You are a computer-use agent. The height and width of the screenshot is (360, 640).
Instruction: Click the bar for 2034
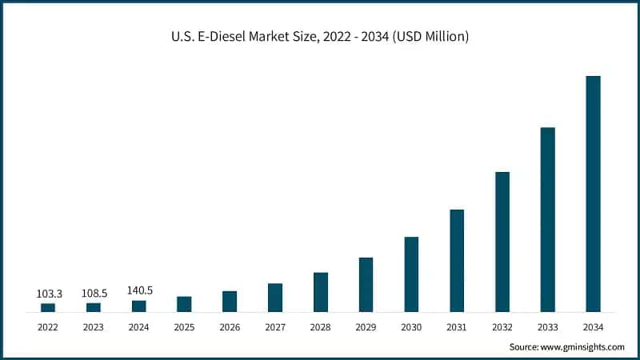tap(593, 194)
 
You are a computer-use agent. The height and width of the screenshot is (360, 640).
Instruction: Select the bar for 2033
tap(547, 219)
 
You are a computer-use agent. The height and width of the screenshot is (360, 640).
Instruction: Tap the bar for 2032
tap(502, 242)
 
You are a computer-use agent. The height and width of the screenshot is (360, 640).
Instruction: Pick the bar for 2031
tap(457, 260)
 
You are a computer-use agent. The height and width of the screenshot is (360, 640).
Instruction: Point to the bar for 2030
tap(411, 274)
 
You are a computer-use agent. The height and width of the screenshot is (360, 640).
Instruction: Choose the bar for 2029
tap(366, 284)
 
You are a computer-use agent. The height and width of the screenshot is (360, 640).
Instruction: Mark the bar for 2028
tap(320, 292)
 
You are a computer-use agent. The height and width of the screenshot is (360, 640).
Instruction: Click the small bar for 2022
tap(48, 307)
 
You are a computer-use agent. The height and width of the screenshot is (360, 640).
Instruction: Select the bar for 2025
tap(184, 304)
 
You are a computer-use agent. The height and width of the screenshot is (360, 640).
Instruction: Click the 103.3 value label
tap(48, 294)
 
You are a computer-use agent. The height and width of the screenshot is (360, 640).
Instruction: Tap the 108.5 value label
tap(94, 294)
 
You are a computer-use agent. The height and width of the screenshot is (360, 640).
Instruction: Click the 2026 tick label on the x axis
tap(230, 327)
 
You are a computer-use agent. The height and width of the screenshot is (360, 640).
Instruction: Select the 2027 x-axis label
tap(274, 327)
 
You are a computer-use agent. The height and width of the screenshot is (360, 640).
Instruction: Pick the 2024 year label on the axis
tap(139, 327)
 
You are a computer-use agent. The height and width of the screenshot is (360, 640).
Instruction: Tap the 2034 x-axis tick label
tap(593, 327)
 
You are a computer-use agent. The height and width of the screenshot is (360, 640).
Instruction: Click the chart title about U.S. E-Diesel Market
tap(320, 36)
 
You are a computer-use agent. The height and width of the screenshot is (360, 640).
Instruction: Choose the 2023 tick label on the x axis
tap(94, 327)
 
